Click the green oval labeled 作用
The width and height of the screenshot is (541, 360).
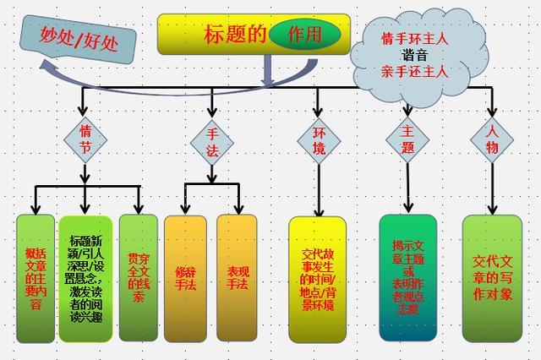(x=305, y=34)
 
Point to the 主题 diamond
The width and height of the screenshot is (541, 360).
(x=407, y=140)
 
